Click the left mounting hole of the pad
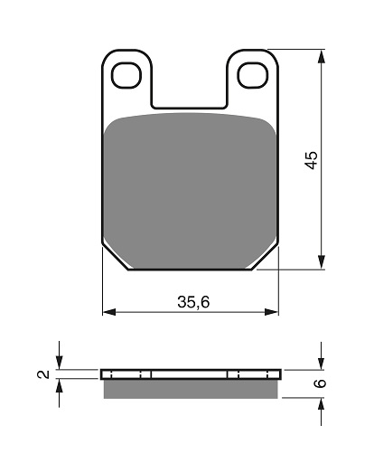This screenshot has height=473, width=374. click(x=126, y=75)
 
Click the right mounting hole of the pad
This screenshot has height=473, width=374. click(x=253, y=75)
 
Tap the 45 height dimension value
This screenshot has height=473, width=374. click(x=311, y=160)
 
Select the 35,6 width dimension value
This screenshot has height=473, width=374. click(x=193, y=302)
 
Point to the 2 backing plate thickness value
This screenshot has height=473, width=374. click(x=44, y=374)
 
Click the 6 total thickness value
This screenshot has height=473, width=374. click(x=321, y=383)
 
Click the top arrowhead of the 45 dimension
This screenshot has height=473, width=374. click(x=322, y=56)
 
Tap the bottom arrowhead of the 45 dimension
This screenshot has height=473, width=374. click(x=322, y=262)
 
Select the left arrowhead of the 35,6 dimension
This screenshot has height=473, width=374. click(x=109, y=312)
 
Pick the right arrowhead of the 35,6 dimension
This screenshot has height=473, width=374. click(x=272, y=312)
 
